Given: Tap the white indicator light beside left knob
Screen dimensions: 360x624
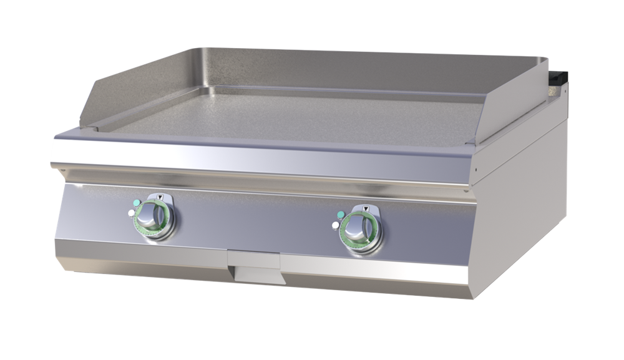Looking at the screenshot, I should pos(130,213).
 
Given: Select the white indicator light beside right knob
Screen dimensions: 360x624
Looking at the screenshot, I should pos(336,225).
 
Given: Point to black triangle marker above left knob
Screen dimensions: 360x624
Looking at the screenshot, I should pos(160,197).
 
